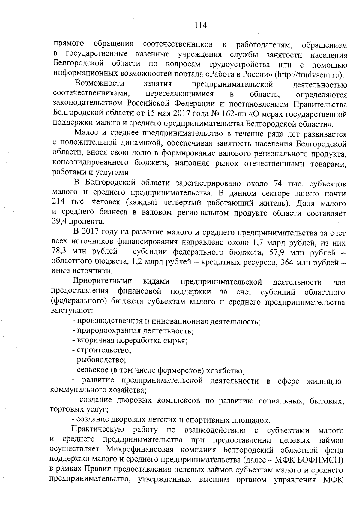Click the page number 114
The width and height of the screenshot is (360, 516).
point(201,25)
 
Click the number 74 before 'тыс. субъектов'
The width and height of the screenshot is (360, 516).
point(278,183)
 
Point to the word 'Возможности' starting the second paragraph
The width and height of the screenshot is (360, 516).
point(100,84)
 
